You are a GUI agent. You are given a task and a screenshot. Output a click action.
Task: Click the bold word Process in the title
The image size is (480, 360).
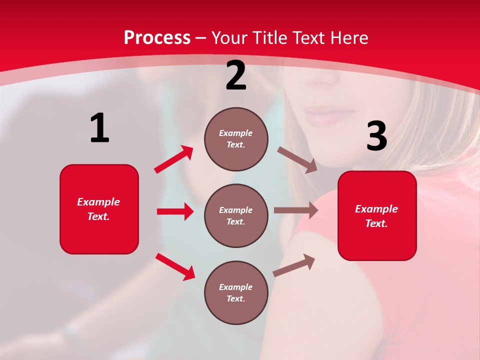pyautogui.click(x=157, y=38)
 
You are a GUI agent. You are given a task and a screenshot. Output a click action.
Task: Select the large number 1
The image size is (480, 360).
pyautogui.click(x=99, y=128)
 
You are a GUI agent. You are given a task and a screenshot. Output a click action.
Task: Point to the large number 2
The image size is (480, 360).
pyautogui.click(x=236, y=76)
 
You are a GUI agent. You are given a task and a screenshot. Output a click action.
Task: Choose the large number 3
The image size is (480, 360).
pyautogui.click(x=376, y=136)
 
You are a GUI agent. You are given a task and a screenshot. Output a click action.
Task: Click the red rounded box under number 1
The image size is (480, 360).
pyautogui.click(x=99, y=209)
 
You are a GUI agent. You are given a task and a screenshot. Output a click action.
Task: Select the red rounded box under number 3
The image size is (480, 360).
pyautogui.click(x=377, y=215)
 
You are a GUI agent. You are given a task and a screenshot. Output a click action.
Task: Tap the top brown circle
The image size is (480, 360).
pyautogui.click(x=236, y=139)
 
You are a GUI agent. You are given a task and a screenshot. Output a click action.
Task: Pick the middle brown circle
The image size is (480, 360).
pyautogui.click(x=236, y=215)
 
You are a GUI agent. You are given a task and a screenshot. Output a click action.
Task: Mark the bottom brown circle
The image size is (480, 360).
pyautogui.click(x=236, y=292)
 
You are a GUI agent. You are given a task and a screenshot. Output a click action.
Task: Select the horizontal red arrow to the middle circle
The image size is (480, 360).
pyautogui.click(x=175, y=211)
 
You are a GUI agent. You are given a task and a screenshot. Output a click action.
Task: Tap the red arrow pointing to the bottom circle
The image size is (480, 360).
pyautogui.click(x=175, y=266)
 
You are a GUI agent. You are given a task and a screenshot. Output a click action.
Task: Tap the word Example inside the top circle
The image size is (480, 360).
pyautogui.click(x=236, y=133)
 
